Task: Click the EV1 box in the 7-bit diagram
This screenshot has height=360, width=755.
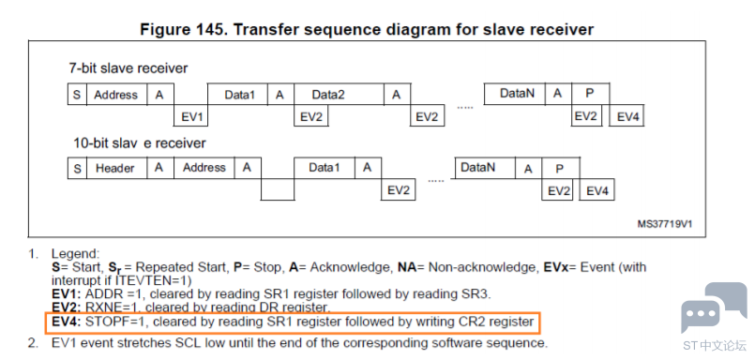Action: [190, 115]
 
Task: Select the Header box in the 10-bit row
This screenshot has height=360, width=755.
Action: [115, 168]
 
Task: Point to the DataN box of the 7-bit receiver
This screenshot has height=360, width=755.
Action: [514, 94]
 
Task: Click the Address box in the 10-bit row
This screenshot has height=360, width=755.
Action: [204, 168]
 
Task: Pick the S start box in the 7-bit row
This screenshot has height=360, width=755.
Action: [77, 95]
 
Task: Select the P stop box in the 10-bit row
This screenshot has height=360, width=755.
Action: [561, 169]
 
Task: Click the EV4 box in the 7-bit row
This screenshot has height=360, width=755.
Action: [627, 116]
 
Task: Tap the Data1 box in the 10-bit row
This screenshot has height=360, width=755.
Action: [325, 168]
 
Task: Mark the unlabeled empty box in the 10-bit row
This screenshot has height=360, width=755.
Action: [278, 189]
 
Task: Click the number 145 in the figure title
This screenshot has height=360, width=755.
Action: [212, 29]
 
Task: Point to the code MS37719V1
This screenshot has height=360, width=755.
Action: [665, 224]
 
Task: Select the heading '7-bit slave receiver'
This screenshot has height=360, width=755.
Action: [128, 68]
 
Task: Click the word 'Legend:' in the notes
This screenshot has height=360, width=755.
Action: [75, 254]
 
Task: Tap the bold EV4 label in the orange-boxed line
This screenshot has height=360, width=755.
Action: [66, 322]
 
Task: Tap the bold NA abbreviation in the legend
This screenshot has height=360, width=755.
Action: [407, 267]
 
